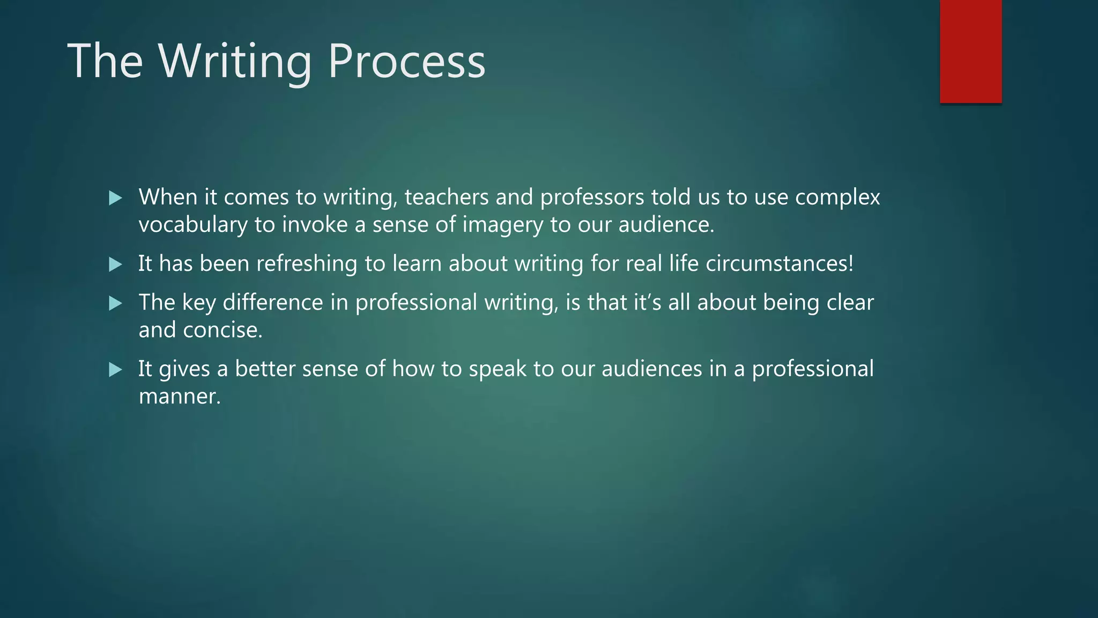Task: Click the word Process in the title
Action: (x=406, y=62)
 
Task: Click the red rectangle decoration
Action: (x=970, y=51)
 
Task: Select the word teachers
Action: (x=446, y=197)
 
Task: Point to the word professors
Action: (x=592, y=197)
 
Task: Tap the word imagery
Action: (x=502, y=225)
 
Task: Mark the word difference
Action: (x=272, y=303)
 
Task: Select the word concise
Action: (x=222, y=330)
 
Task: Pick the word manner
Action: (x=179, y=396)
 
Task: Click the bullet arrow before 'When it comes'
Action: (x=115, y=198)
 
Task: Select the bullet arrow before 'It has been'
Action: (x=115, y=264)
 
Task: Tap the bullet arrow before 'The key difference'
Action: (x=115, y=304)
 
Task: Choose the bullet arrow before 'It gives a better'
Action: (x=115, y=370)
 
